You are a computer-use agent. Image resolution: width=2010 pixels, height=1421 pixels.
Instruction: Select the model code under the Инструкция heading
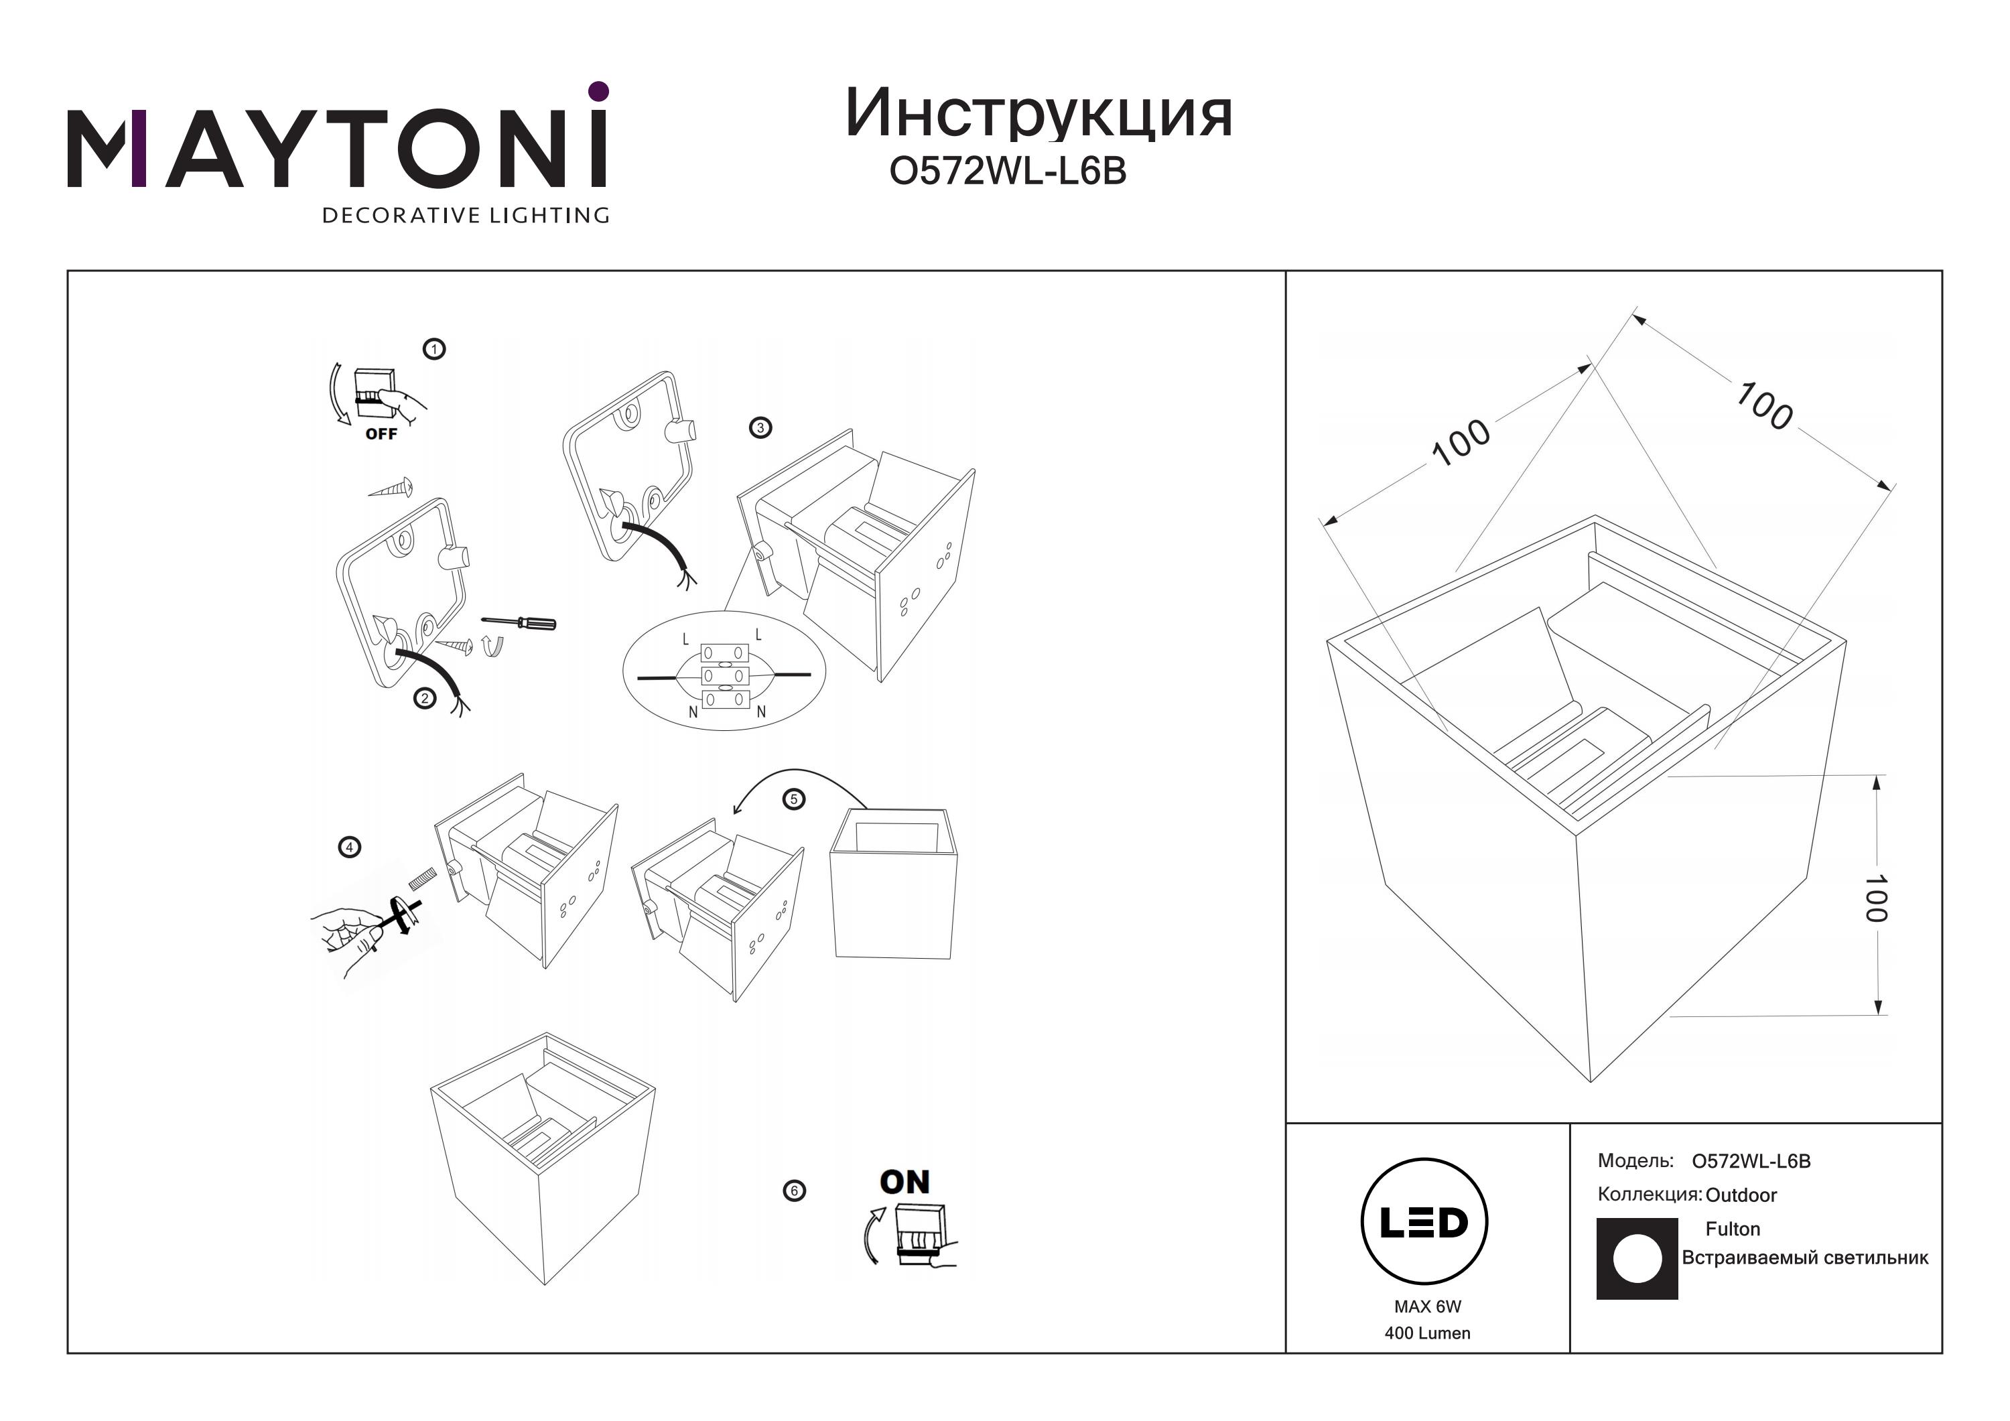pyautogui.click(x=1008, y=172)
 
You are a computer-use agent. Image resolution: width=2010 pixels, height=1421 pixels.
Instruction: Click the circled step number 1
pyautogui.click(x=434, y=349)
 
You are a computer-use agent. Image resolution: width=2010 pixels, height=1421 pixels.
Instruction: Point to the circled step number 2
pyautogui.click(x=425, y=698)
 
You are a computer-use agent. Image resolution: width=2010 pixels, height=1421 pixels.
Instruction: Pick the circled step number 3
pyautogui.click(x=760, y=428)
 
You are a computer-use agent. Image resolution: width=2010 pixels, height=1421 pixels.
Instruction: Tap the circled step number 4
pyautogui.click(x=349, y=848)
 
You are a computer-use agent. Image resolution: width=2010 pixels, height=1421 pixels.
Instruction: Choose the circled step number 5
pyautogui.click(x=794, y=799)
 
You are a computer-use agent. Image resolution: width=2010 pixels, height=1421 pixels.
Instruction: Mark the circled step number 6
pyautogui.click(x=794, y=1191)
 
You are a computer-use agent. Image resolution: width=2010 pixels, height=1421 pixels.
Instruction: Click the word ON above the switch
pyautogui.click(x=904, y=1182)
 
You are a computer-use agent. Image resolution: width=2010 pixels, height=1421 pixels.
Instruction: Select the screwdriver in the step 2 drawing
pyautogui.click(x=519, y=622)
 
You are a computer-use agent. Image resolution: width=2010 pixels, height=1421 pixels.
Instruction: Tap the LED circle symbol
pyautogui.click(x=1424, y=1221)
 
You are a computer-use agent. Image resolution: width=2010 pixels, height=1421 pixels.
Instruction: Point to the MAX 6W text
pyautogui.click(x=1428, y=1307)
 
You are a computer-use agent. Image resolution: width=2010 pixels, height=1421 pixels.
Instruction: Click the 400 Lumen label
pyautogui.click(x=1428, y=1333)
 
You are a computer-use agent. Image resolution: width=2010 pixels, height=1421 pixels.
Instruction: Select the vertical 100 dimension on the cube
pyautogui.click(x=1876, y=898)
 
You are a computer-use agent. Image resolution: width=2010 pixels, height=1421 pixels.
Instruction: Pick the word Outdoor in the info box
pyautogui.click(x=1741, y=1195)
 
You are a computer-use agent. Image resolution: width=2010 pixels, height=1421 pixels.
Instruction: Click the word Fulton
pyautogui.click(x=1733, y=1229)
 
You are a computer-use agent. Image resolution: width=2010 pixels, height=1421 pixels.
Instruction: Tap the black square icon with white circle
pyautogui.click(x=1637, y=1259)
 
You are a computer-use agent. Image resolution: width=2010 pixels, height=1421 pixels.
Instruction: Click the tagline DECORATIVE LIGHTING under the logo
pyautogui.click(x=466, y=215)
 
